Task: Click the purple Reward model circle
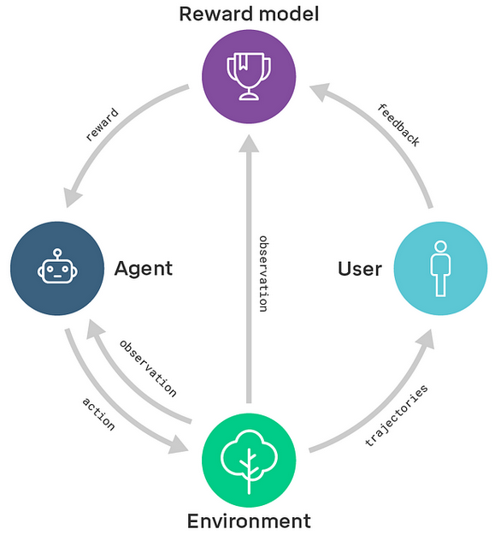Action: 249,76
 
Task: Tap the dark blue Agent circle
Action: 57,268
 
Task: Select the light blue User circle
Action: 440,268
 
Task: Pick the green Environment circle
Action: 249,461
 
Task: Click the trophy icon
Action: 249,76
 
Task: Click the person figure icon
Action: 440,269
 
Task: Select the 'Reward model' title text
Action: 249,15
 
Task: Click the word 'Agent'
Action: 144,269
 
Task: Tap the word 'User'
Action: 360,269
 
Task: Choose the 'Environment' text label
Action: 249,521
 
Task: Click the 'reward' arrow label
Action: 103,124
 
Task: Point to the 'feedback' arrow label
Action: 398,125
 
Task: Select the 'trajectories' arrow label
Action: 396,415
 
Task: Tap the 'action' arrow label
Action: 98,413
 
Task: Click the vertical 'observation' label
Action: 263,274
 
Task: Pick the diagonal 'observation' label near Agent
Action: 148,368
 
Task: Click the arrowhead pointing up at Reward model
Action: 249,143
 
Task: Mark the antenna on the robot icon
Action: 57,254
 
